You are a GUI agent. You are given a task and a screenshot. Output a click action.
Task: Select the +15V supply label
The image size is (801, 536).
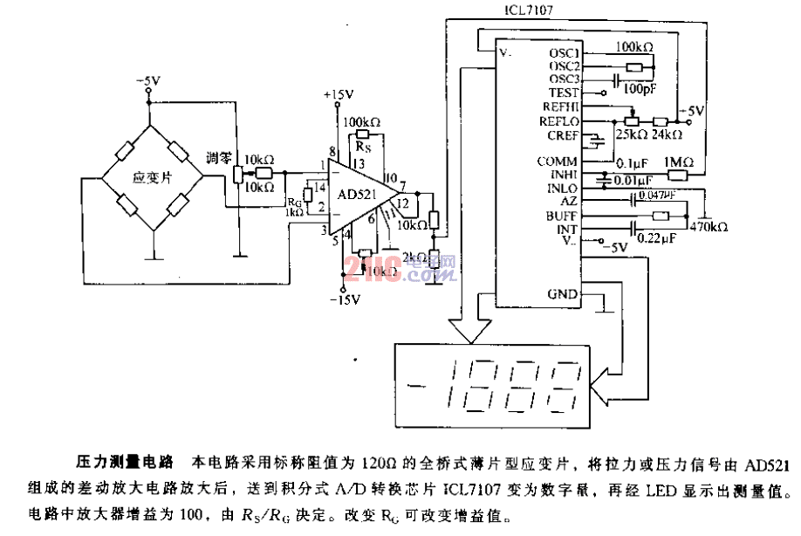[x=338, y=94]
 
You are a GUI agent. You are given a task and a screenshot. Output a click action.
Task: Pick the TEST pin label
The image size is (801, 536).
[x=564, y=92]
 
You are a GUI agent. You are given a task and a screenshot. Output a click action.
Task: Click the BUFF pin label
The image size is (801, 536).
[x=563, y=216]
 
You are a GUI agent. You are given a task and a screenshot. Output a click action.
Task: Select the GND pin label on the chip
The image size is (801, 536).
[x=562, y=293]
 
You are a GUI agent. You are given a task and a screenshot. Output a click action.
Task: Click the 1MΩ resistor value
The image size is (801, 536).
[x=678, y=161]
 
